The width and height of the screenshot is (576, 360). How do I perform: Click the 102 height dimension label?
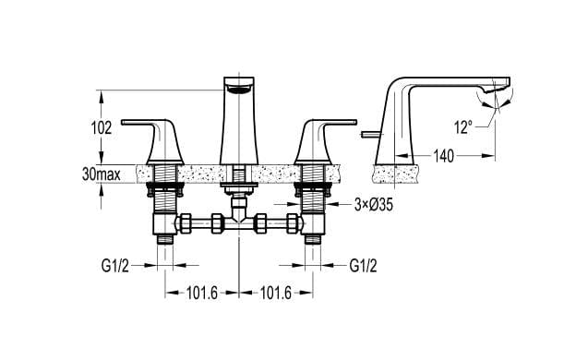pos(101,127)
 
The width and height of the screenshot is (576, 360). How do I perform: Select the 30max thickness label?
pos(101,174)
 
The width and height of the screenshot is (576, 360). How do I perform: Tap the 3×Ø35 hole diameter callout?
pos(374,205)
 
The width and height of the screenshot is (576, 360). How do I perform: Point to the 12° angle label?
pos(463,127)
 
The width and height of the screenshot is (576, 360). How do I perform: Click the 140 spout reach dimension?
pos(444,156)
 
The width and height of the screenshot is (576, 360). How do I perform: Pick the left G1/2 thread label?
pos(115,265)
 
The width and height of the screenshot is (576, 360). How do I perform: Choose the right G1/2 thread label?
pos(363,265)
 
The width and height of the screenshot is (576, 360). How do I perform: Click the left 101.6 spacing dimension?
pos(202,293)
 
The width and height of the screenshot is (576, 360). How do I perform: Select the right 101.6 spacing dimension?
pos(275,293)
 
